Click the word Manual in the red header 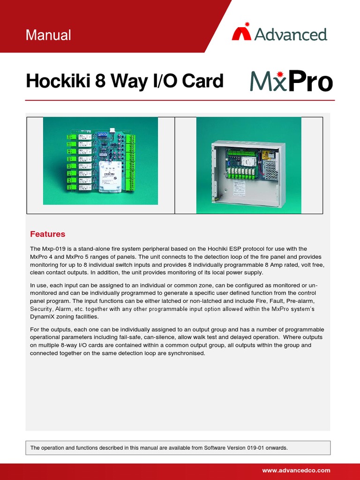coord(49,35)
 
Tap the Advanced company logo coord(279,34)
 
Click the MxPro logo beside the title coord(291,82)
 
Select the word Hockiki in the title coord(58,81)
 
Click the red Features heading coord(47,234)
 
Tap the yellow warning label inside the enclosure coord(265,155)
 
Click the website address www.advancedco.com coord(296,470)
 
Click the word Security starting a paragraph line coord(43,309)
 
